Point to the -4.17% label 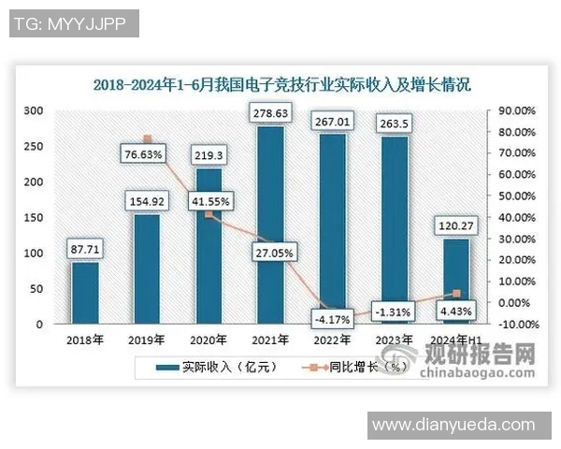[332, 319]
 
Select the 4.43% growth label [453, 311]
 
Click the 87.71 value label [85, 250]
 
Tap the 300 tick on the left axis [34, 110]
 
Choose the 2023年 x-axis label [392, 340]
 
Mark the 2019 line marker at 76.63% [147, 139]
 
